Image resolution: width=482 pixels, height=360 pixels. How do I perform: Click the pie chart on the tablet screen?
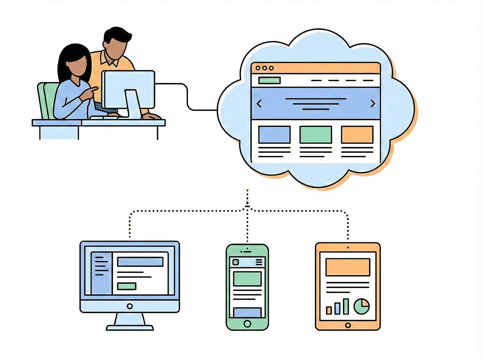click(x=361, y=306)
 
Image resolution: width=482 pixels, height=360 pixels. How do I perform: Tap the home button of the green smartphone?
click(x=247, y=323)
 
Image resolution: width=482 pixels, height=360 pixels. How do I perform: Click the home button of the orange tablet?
click(x=348, y=325)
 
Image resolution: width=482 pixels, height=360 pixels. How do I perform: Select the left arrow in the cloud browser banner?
click(x=259, y=104)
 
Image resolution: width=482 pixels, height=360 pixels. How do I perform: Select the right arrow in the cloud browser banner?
click(x=372, y=104)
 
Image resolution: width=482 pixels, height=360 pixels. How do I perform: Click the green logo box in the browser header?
click(x=269, y=80)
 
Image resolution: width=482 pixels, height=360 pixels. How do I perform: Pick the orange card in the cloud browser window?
click(x=357, y=135)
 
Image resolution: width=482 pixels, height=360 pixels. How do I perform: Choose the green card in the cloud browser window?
click(x=316, y=135)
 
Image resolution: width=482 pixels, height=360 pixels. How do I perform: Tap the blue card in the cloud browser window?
click(x=274, y=135)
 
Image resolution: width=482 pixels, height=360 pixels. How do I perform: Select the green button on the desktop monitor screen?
click(x=127, y=286)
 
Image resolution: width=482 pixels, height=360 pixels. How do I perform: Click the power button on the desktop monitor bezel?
click(x=129, y=306)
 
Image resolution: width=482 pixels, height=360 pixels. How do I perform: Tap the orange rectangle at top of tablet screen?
click(x=347, y=267)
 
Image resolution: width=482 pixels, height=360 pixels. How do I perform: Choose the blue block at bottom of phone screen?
click(x=247, y=312)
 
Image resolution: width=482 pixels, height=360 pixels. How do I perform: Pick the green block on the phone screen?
click(x=247, y=278)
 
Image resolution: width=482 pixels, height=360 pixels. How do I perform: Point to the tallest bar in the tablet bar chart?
click(x=346, y=306)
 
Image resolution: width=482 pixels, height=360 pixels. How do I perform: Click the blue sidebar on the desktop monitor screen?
click(x=101, y=273)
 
